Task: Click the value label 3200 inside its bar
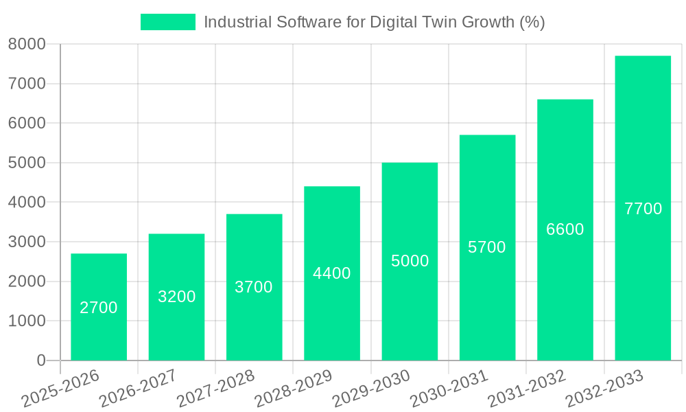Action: (x=176, y=297)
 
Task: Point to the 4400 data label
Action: (x=331, y=273)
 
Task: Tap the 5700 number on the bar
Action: (x=486, y=247)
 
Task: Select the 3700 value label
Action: (x=254, y=287)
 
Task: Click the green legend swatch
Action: (x=167, y=22)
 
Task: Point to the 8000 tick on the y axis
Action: (x=27, y=44)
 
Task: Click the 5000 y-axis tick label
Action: (x=27, y=163)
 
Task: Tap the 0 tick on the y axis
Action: (x=40, y=360)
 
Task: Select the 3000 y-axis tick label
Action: (x=27, y=242)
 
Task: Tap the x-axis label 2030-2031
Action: (x=449, y=389)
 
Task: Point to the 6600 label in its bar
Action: (x=565, y=229)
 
